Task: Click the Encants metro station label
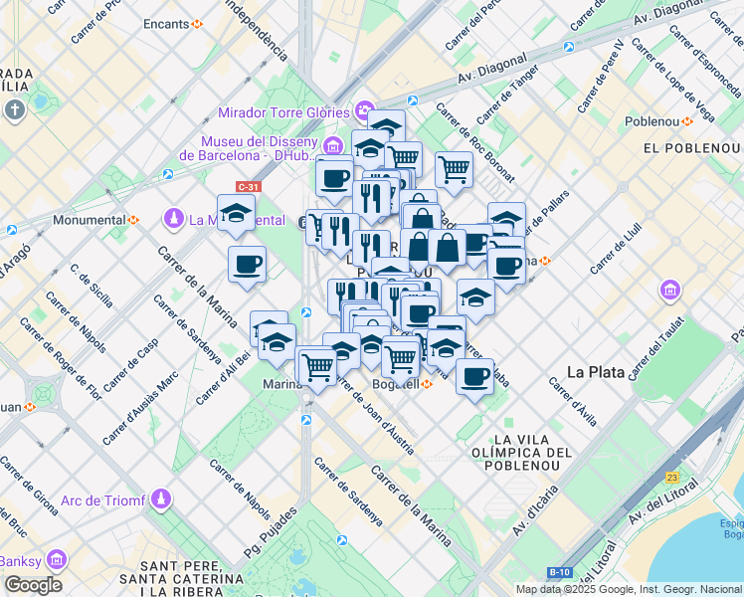[x=166, y=23]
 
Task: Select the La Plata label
[x=595, y=372]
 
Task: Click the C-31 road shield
[x=248, y=186]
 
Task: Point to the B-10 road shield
[x=558, y=571]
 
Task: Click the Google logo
[x=32, y=585]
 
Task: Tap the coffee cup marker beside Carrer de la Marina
[x=247, y=265]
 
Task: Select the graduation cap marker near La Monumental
[x=236, y=213]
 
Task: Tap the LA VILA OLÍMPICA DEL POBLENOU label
[x=533, y=453]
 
